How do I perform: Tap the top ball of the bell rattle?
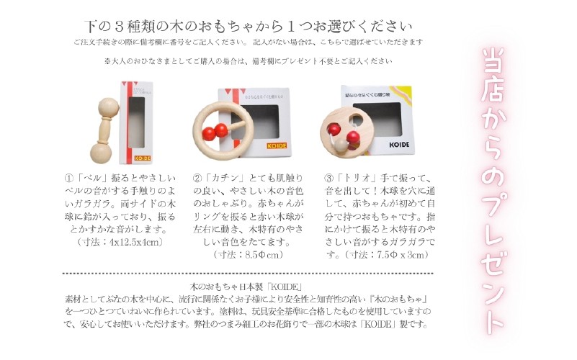click(109, 108)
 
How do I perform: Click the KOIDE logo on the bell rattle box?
click(143, 158)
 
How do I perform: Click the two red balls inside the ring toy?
click(215, 131)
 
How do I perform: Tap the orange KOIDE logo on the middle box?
click(277, 146)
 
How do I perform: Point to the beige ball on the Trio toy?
click(342, 145)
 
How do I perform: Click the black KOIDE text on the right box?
click(399, 145)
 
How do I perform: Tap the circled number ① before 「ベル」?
click(69, 179)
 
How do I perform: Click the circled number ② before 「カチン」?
click(197, 179)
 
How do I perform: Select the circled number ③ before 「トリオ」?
click(328, 179)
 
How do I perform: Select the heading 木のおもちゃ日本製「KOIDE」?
click(246, 287)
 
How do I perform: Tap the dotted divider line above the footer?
click(248, 274)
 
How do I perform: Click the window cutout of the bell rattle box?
click(137, 122)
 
